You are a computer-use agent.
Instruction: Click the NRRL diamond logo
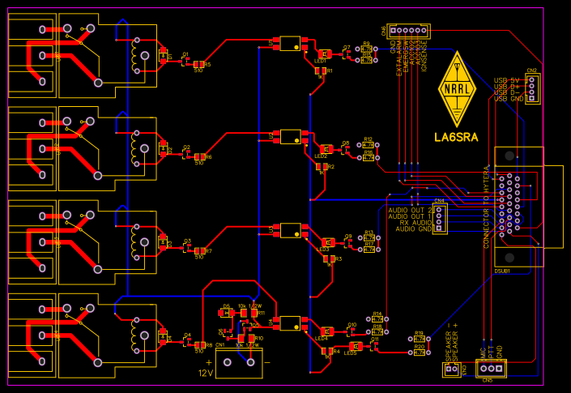(x=456, y=88)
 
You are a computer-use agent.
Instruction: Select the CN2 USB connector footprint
(x=531, y=89)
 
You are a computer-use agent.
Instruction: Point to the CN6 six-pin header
(x=407, y=31)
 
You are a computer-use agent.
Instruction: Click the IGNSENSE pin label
(x=423, y=58)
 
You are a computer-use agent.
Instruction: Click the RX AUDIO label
(x=415, y=222)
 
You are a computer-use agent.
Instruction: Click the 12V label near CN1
(x=205, y=373)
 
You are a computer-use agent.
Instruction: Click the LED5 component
(x=352, y=346)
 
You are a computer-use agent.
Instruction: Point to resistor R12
(x=369, y=146)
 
